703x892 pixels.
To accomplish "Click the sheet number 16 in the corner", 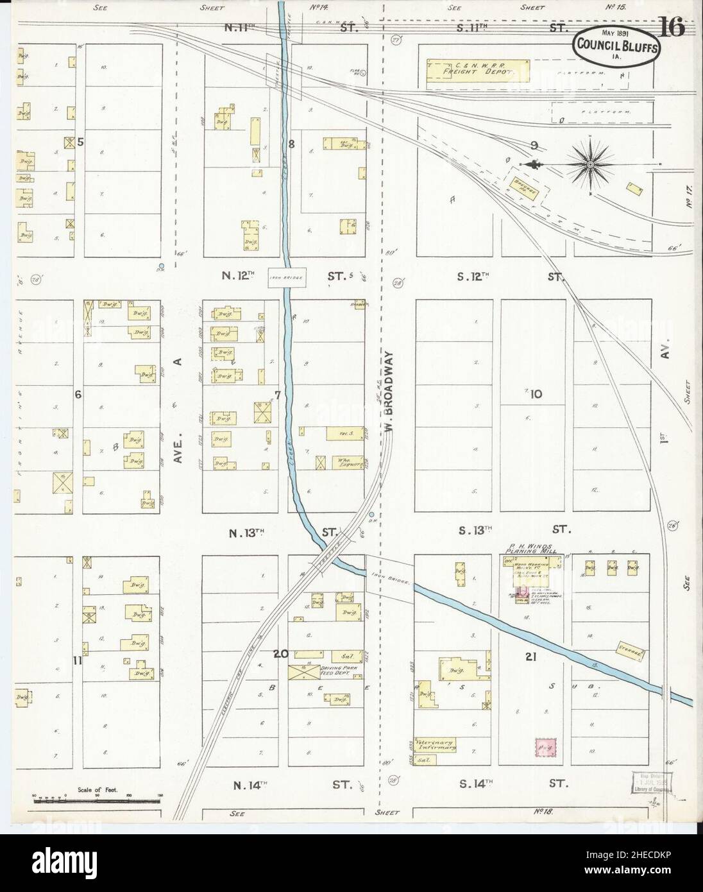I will (672, 28).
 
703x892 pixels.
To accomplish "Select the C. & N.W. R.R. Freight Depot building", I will (477, 72).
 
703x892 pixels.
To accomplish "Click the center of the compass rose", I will (589, 165).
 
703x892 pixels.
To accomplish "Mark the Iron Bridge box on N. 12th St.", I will (285, 277).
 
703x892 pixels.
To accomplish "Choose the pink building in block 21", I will (545, 746).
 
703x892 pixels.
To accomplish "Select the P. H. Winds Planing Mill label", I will (529, 547).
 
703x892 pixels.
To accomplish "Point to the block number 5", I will (80, 142).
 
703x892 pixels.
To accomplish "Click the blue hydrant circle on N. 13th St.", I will (371, 515).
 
